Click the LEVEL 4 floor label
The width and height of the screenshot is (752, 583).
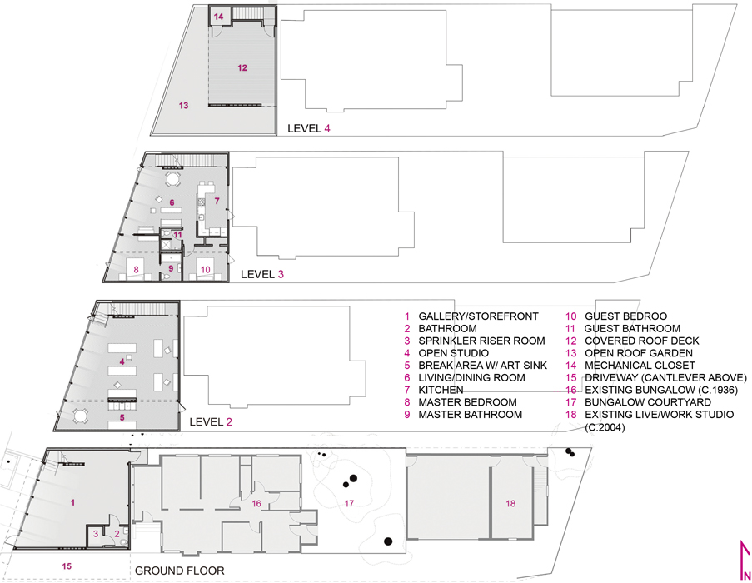pos(309,128)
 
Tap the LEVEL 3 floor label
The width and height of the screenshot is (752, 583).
pos(262,274)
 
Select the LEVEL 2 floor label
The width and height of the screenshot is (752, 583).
pos(211,422)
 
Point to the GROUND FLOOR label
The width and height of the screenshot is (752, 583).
pos(179,571)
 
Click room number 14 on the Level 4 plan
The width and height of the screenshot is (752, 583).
pos(219,17)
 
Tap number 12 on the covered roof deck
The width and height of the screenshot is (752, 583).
pos(242,67)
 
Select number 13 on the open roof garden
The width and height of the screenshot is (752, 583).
pos(184,106)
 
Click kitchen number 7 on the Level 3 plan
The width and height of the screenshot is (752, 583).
pos(217,201)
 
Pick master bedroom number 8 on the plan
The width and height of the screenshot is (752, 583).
pos(137,270)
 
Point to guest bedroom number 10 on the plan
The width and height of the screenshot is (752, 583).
pos(205,270)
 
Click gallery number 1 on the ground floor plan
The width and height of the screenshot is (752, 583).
pos(73,502)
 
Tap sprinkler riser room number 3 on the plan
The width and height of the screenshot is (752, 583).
pos(96,534)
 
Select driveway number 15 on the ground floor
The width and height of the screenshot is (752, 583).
pos(67,566)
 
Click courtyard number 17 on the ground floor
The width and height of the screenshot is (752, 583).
pos(349,503)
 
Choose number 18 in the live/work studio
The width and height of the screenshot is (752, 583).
pos(510,503)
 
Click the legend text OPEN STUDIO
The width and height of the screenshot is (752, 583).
pos(454,353)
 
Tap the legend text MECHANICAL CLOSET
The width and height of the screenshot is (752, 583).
pos(640,366)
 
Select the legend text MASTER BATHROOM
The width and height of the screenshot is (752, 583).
pos(470,414)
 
